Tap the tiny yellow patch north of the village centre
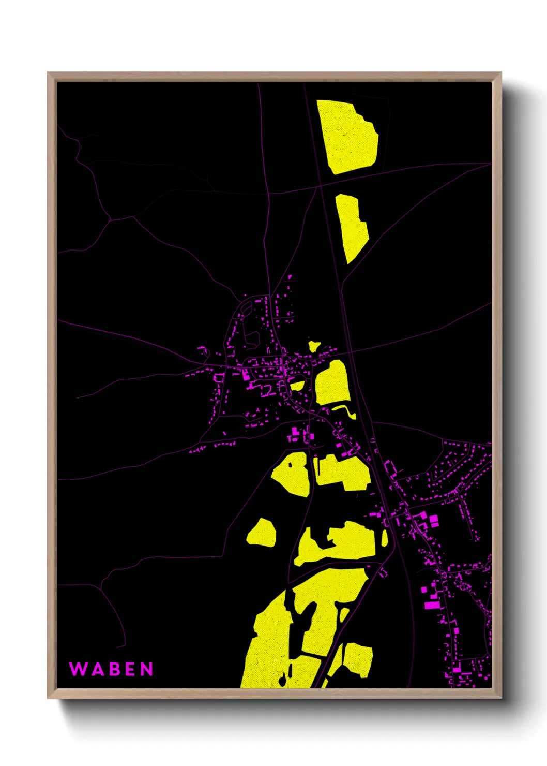pos(313,346)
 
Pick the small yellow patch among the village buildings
pos(297,385)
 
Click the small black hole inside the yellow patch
pos(291,464)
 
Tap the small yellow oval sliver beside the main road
pos(384,537)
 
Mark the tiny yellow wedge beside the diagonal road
pos(343,615)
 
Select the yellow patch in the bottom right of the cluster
pos(358,659)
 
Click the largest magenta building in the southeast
pos(431,605)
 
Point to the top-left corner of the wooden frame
pos(48,73)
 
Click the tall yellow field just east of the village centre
pos(332,383)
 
